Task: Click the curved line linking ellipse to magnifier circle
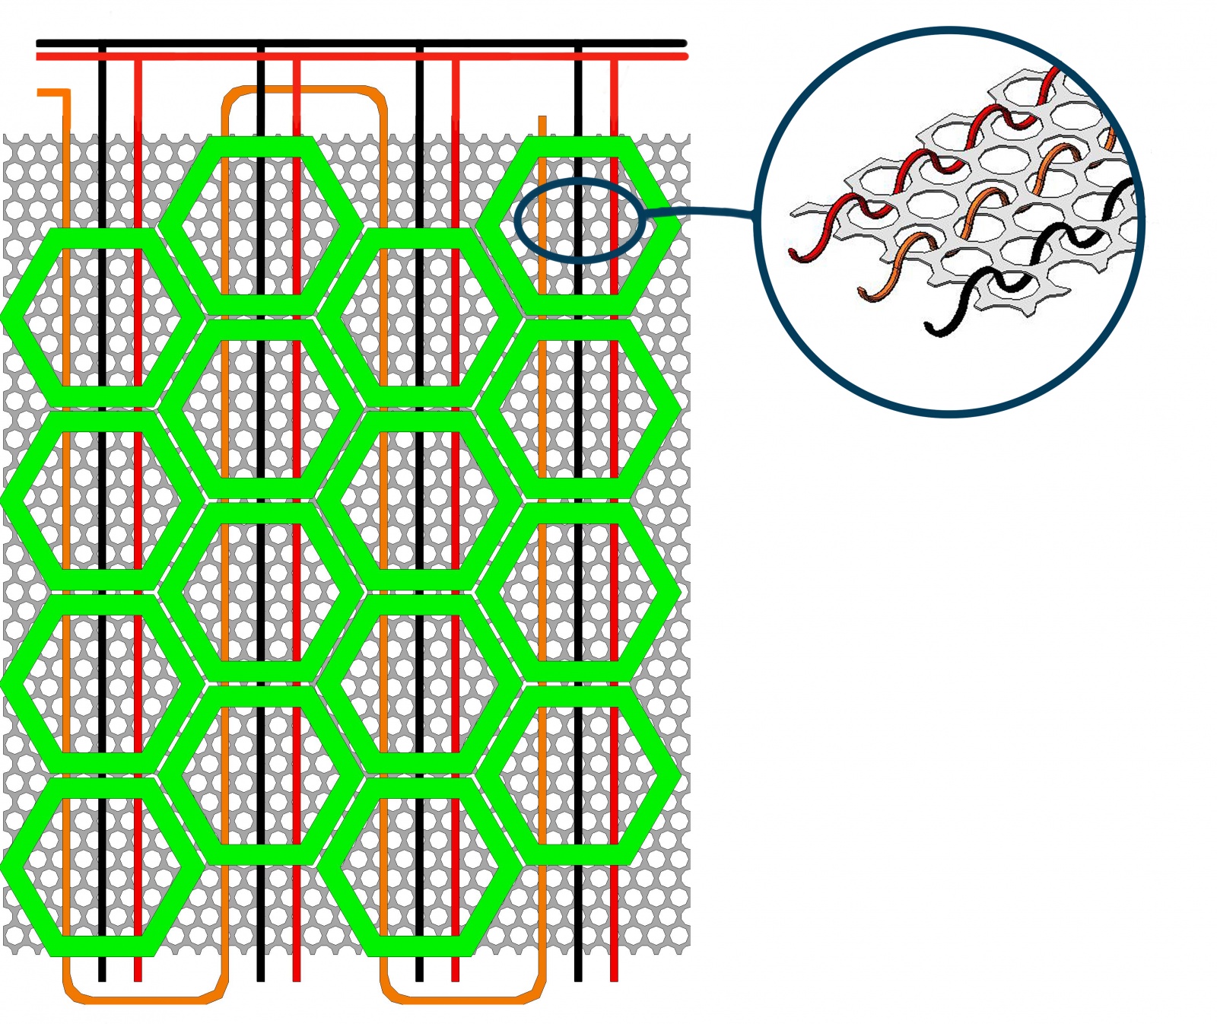point(700,211)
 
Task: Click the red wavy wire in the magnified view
point(913,167)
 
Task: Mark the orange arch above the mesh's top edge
point(304,91)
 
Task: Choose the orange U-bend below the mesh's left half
point(145,997)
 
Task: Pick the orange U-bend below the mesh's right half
point(462,997)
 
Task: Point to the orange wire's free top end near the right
point(542,120)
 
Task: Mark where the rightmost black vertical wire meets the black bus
point(578,44)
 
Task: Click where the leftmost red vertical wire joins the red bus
point(138,57)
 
